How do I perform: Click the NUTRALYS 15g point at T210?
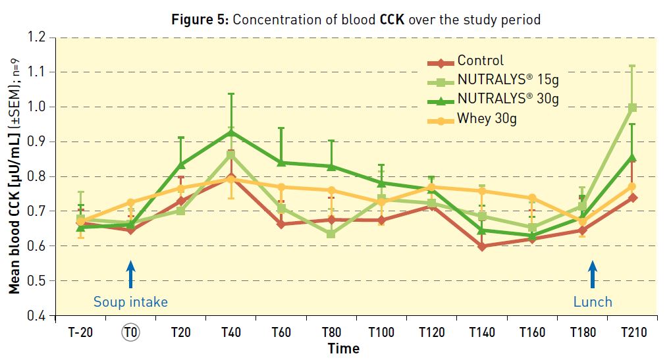[x=632, y=107]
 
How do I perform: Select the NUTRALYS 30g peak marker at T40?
[x=230, y=132]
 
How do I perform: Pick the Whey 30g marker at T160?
[x=532, y=197]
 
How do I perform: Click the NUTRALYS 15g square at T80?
[x=331, y=234]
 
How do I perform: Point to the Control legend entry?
[x=481, y=61]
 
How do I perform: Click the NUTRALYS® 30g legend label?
[x=508, y=99]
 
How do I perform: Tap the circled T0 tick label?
[x=131, y=332]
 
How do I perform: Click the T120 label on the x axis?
[x=431, y=332]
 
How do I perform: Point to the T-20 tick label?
[x=81, y=332]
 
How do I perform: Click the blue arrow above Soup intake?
[x=130, y=274]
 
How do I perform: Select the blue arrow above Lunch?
[x=592, y=274]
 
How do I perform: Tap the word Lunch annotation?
[x=593, y=302]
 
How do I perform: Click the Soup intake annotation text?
[x=130, y=302]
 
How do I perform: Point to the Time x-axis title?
[x=343, y=348]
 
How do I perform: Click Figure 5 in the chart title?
[x=199, y=19]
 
